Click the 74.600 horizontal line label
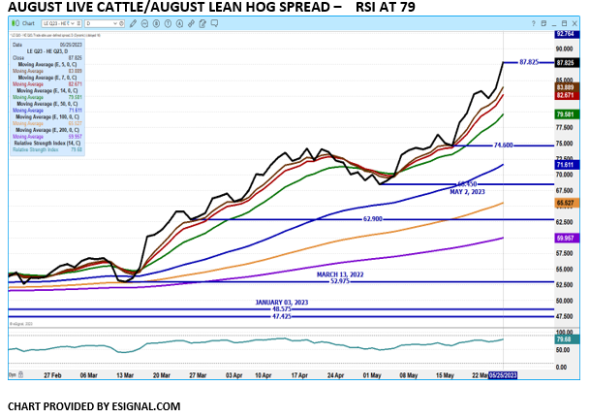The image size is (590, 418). pos(503,145)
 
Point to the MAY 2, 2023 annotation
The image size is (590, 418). pos(468,191)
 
